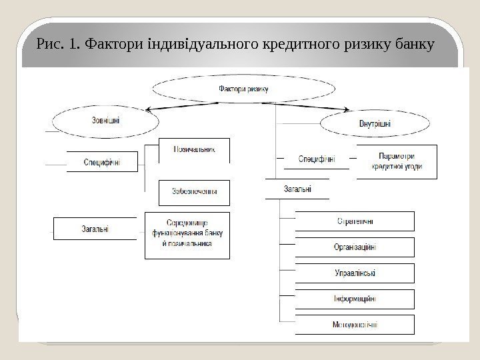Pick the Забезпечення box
[x=194, y=192]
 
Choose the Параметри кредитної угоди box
[x=397, y=161]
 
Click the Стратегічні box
[x=354, y=221]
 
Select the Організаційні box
[x=354, y=247]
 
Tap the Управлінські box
[x=354, y=273]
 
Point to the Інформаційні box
[x=354, y=299]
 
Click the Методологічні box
[x=354, y=325]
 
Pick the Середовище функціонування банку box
[x=187, y=235]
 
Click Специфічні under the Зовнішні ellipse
[x=102, y=161]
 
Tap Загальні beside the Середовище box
[x=97, y=229]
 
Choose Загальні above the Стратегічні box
[x=297, y=189]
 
